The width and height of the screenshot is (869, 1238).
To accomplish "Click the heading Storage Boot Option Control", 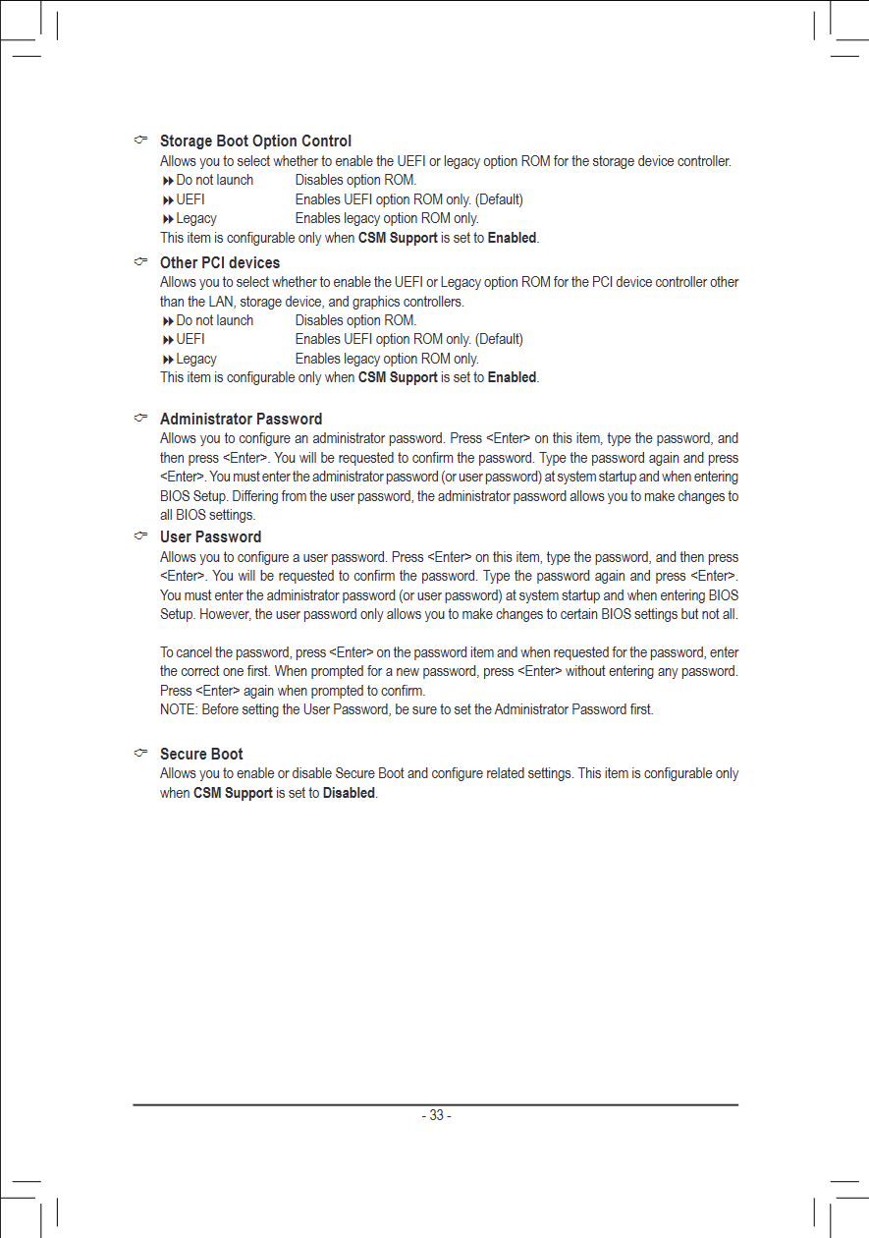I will [255, 141].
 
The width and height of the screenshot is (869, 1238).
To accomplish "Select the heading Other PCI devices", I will [220, 263].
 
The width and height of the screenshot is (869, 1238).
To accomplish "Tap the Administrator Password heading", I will [241, 420].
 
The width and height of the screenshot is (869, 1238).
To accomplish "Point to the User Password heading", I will [210, 537].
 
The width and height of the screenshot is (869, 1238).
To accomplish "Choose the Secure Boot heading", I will [201, 755].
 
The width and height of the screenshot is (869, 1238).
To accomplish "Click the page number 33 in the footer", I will [436, 1115].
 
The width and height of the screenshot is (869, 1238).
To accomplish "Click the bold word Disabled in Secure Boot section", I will [349, 793].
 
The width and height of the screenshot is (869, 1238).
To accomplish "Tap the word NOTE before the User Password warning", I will [178, 709].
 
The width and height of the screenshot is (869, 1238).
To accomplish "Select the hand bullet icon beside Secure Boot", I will [141, 754].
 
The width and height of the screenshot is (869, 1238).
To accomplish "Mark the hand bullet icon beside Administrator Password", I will [141, 419].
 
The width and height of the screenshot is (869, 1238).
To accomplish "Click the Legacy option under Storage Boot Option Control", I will [196, 218].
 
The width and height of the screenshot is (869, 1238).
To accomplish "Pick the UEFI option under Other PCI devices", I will [190, 339].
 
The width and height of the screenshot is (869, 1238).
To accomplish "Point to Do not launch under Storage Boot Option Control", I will [214, 180].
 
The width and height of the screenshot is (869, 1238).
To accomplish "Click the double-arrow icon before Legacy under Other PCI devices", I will [168, 359].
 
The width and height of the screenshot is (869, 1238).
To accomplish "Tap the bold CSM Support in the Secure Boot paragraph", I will [233, 793].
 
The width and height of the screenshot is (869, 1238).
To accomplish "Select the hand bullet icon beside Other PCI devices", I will [141, 262].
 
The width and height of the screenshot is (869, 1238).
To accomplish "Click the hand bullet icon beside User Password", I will [141, 536].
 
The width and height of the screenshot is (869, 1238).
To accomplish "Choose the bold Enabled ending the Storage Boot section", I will [512, 238].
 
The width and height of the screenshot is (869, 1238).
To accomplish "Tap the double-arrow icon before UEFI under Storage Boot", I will [168, 199].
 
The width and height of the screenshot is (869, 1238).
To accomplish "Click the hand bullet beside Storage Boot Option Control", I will [141, 141].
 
